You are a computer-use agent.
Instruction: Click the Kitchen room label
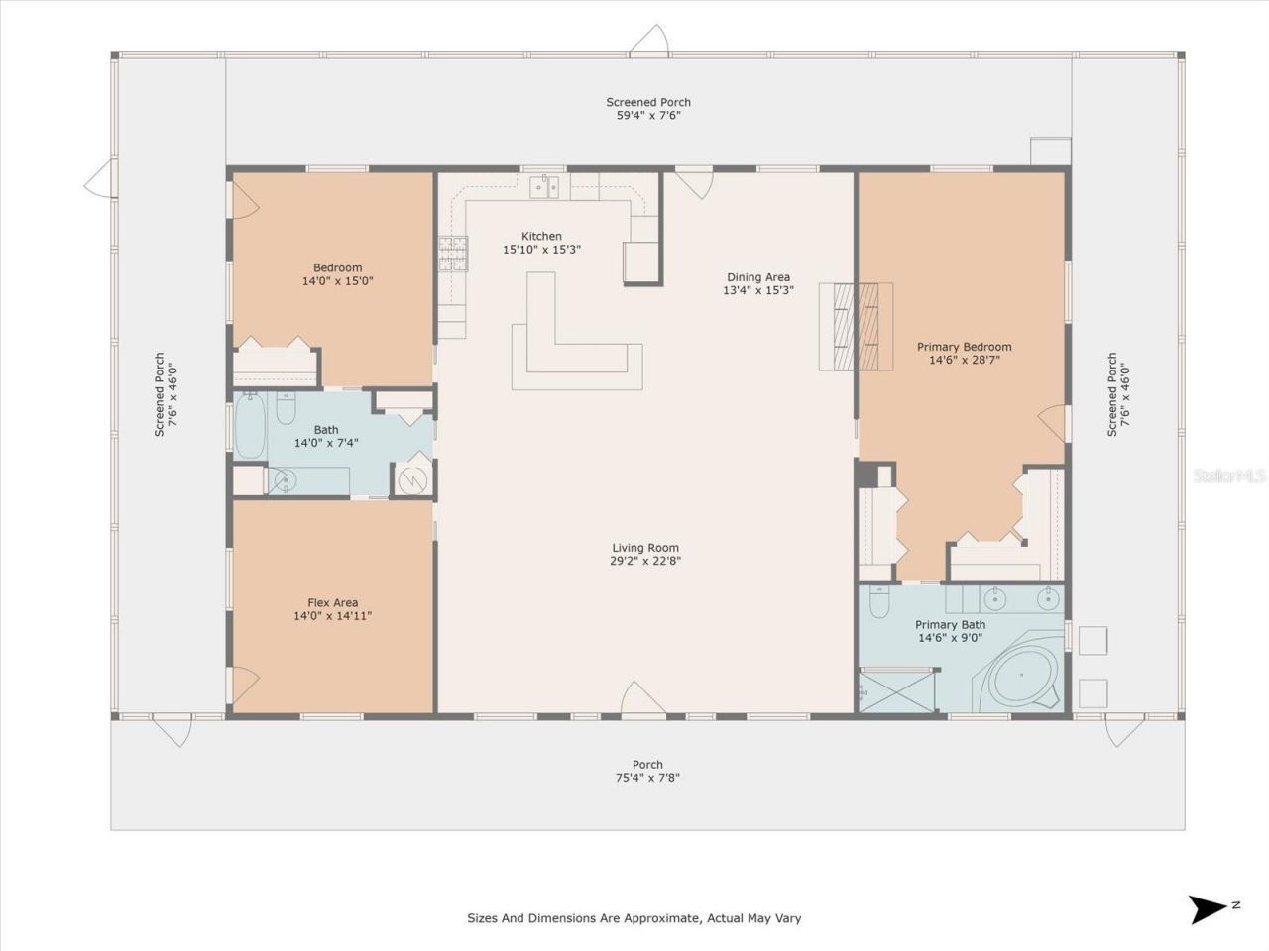click(x=541, y=236)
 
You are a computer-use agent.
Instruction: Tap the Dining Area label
click(x=758, y=277)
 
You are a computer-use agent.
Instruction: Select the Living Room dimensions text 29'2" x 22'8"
click(x=645, y=561)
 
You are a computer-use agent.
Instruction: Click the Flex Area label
click(x=332, y=602)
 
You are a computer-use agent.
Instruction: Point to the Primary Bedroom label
click(x=964, y=347)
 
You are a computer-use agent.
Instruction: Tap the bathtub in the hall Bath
click(x=249, y=427)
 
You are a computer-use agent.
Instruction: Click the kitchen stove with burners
click(x=453, y=255)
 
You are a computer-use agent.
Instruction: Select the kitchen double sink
click(x=544, y=185)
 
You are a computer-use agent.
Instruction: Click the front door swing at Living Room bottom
click(x=642, y=697)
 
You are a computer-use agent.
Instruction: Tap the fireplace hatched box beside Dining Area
click(x=856, y=326)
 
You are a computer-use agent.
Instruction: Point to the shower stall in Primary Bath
click(x=896, y=690)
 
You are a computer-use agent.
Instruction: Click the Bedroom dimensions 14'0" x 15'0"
click(x=337, y=281)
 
